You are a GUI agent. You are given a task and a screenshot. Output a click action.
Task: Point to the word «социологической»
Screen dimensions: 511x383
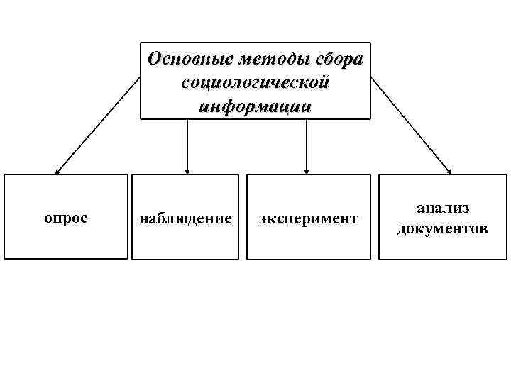(255, 83)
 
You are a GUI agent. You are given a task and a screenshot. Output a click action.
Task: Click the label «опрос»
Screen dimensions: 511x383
(66, 217)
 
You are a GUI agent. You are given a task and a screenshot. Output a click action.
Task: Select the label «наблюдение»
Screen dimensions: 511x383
(185, 218)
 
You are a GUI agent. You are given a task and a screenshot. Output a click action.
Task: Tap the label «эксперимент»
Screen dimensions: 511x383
(308, 218)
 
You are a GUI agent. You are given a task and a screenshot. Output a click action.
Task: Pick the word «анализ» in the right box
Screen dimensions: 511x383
(443, 208)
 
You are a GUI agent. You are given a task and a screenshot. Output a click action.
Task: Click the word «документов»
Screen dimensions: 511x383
(443, 228)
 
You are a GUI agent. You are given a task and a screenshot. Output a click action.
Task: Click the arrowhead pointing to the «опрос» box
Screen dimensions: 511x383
(58, 170)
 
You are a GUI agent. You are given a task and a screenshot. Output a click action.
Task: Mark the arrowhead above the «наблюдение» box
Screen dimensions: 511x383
(187, 170)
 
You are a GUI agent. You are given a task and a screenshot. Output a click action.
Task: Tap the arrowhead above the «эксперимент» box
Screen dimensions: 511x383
(307, 170)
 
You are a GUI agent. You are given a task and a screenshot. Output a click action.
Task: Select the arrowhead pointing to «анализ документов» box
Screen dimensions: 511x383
(450, 170)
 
